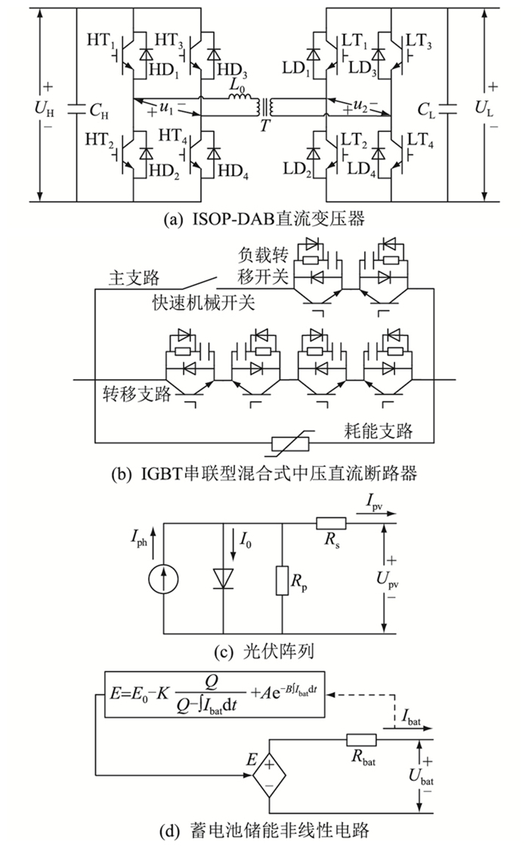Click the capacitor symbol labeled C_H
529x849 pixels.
click(x=76, y=108)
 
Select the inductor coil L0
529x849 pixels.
click(x=240, y=97)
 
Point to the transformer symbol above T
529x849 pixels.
click(x=264, y=107)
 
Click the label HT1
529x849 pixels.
click(x=101, y=41)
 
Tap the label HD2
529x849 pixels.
click(x=165, y=172)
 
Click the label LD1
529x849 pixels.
click(x=297, y=68)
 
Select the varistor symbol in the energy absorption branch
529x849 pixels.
click(x=290, y=444)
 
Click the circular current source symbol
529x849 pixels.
click(x=163, y=579)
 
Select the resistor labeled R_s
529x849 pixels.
click(x=331, y=523)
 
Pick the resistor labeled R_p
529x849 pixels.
click(x=282, y=580)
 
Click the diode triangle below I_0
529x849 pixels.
click(x=223, y=579)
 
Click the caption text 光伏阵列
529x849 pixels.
click(x=278, y=651)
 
